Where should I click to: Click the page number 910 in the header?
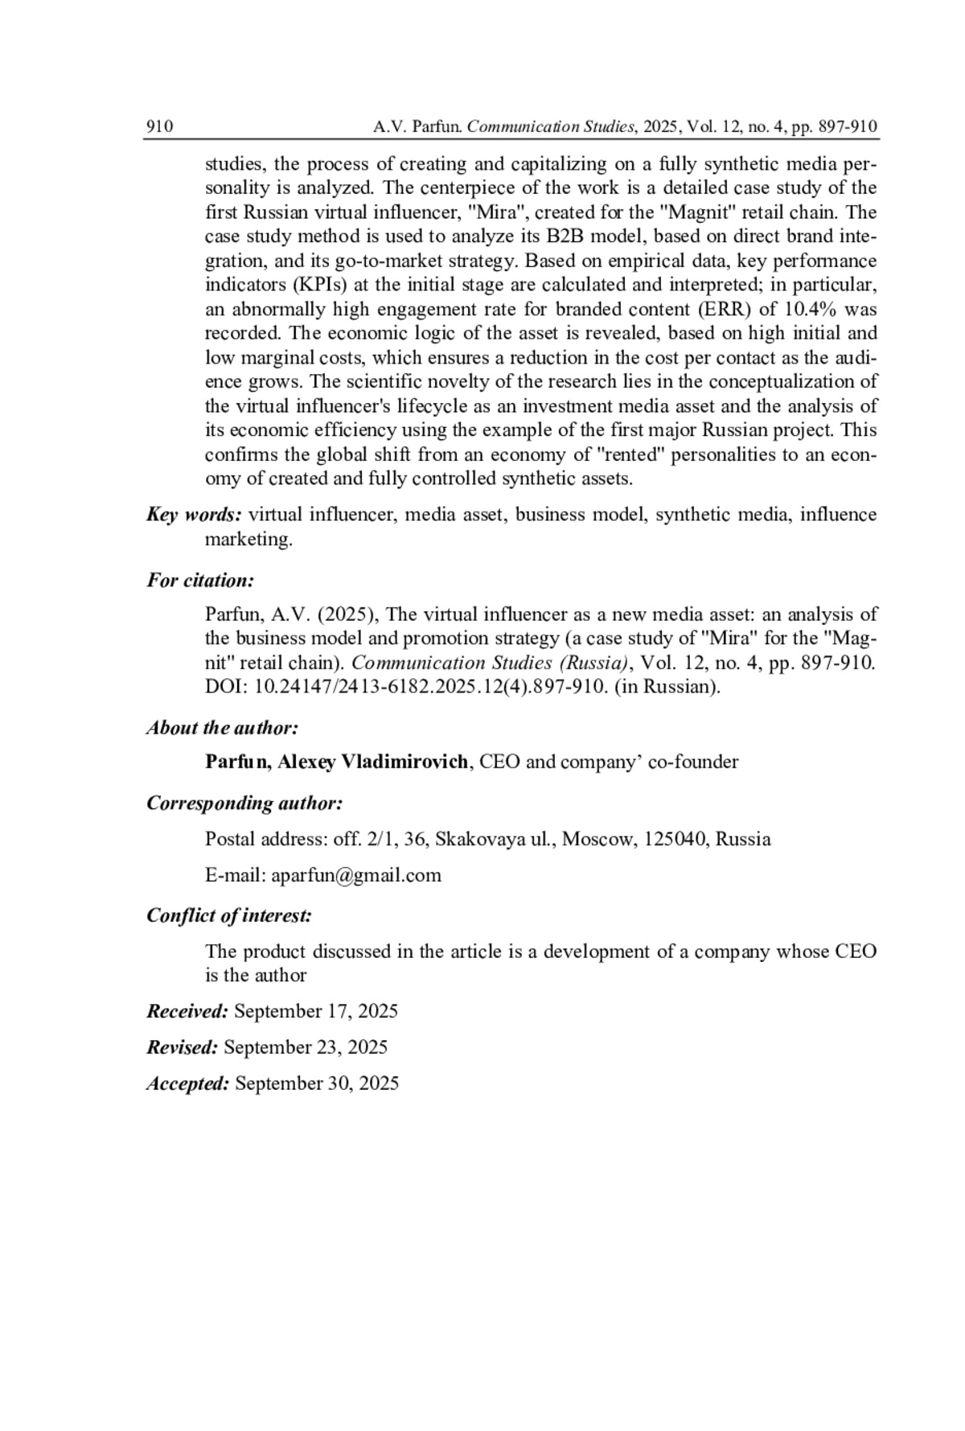point(160,127)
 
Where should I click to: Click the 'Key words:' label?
point(194,515)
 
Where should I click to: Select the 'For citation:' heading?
point(200,580)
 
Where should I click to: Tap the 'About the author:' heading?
point(223,728)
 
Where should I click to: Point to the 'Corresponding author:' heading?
point(245,804)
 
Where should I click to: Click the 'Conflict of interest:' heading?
point(229,915)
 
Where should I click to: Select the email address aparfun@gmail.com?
point(356,875)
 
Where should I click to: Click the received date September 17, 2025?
point(316,1011)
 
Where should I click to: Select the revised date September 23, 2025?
point(306,1047)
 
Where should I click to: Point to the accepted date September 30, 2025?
point(317,1084)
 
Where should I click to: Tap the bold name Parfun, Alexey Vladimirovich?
point(336,762)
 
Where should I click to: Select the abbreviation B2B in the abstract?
point(565,237)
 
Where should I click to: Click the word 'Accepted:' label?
point(188,1084)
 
